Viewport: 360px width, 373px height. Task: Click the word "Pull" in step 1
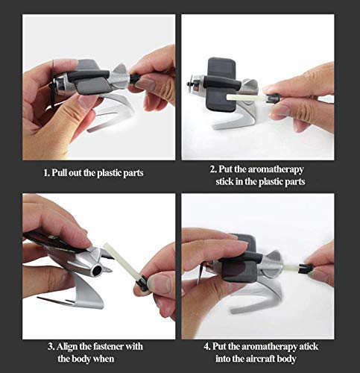[x=59, y=172]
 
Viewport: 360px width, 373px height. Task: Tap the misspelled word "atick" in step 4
[x=309, y=346]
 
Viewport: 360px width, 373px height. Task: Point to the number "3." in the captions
[x=51, y=346]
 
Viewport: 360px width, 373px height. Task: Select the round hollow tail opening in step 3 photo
[x=98, y=271]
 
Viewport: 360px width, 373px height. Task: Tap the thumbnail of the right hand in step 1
[x=146, y=84]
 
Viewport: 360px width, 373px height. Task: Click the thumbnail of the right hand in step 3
[x=160, y=284]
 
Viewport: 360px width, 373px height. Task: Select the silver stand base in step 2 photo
[x=236, y=117]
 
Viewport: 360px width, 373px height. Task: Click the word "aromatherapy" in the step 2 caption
[x=276, y=169]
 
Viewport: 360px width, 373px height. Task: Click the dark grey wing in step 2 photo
[x=222, y=84]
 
